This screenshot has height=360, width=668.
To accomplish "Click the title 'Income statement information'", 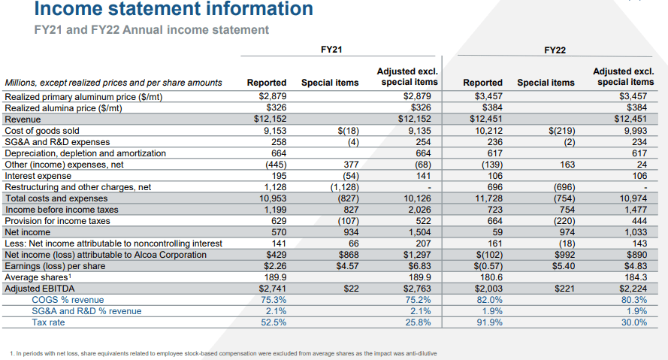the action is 174,8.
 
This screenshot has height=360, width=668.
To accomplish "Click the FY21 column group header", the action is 331,50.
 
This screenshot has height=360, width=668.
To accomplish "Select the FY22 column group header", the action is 555,50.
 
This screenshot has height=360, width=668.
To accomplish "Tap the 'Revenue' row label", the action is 23,119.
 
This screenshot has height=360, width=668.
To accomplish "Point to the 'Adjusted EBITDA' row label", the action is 40,289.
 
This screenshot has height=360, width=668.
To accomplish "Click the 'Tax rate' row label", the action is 48,322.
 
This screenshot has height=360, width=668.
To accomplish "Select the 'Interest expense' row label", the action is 38,176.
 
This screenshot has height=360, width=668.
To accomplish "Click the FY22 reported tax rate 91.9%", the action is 489,322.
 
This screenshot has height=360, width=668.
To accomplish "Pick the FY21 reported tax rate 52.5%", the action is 274,322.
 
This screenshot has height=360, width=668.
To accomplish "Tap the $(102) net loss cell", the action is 488,255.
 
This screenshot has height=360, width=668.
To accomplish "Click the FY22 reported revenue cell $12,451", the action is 486,119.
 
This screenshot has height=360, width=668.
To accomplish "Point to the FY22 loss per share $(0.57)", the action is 488,266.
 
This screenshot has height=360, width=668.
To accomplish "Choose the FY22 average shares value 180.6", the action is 491,277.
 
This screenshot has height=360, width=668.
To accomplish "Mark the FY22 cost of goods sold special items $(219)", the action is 562,131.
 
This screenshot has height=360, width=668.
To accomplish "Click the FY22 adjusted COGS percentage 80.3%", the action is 634,300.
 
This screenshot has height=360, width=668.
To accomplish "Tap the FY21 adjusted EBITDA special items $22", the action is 352,289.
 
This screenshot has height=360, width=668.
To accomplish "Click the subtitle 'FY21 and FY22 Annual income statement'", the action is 151,30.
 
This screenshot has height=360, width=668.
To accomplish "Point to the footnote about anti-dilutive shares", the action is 223,353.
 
